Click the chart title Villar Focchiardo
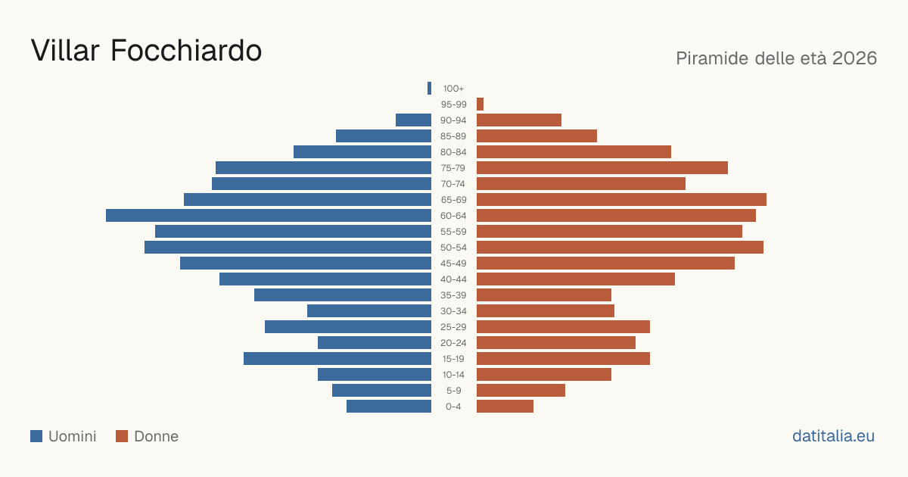point(146,51)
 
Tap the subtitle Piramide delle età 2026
point(776,58)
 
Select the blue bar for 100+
point(429,88)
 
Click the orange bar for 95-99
point(480,104)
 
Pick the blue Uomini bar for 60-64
point(269,215)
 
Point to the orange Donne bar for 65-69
point(621,200)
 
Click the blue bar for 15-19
point(337,359)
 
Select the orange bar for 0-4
point(505,407)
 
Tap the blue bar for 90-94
point(413,120)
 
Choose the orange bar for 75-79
point(602,168)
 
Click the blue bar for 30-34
point(369,311)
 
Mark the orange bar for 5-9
point(521,391)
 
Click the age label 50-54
point(453,248)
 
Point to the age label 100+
point(453,89)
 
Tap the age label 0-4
point(453,407)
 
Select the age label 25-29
point(453,327)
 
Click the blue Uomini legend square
point(36,436)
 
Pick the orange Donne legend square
point(122,436)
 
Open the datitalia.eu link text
point(833,436)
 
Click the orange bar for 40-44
point(576,279)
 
